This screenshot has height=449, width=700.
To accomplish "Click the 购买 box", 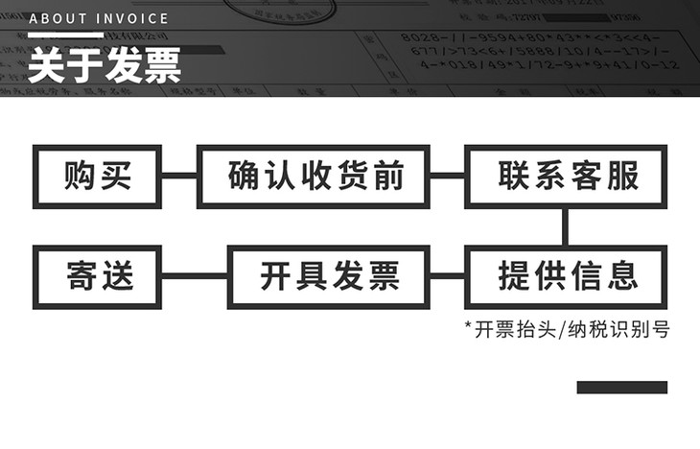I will pos(96,177).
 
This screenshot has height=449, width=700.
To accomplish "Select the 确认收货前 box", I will pos(315,177).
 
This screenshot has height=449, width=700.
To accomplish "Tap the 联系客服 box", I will pos(567,177).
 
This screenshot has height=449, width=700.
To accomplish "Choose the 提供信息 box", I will pos(567,276).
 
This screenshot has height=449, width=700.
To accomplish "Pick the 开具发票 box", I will pos(329,276).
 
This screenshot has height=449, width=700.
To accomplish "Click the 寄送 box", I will pos(96,276).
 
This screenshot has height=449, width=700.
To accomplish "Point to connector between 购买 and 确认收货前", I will pos(177,177).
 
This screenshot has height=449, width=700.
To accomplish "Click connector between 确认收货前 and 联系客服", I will pos(448,177).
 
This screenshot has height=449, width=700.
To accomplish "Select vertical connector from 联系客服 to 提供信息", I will pos(566,226).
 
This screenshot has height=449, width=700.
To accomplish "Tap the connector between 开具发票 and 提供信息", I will pos(448,276).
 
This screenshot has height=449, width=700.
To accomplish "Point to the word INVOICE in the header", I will pos(130,18).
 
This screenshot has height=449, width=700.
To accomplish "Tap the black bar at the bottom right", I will pos(621,388).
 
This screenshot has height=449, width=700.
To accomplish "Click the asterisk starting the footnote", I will pos(468,328).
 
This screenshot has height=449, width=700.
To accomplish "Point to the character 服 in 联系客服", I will pos(621,177).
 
